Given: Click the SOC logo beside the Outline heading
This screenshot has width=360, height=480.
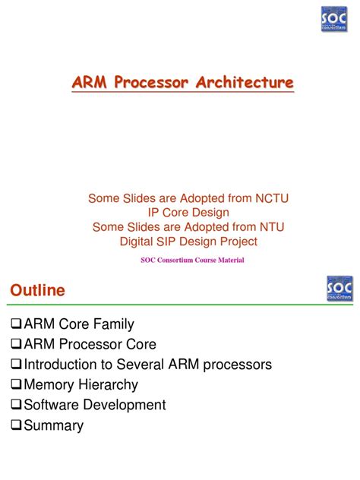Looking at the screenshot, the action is click(339, 289).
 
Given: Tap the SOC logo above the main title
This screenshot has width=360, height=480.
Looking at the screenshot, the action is click(334, 19).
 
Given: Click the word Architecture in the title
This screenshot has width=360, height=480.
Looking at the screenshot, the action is click(245, 82).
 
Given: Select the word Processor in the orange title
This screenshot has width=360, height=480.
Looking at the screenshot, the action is click(151, 82).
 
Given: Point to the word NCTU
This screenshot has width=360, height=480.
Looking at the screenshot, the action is click(272, 198).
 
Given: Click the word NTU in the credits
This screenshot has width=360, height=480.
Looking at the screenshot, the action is click(272, 227).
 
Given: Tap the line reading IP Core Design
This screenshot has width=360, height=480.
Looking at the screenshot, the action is click(188, 213).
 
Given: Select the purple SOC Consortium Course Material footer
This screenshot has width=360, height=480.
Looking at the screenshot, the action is click(193, 261).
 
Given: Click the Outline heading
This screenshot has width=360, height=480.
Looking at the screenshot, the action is click(37, 290).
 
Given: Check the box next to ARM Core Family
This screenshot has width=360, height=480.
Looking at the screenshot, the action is click(16, 324).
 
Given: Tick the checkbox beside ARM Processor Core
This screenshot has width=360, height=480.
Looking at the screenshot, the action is click(16, 344).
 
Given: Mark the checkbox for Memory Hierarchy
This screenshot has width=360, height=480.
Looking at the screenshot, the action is click(16, 384).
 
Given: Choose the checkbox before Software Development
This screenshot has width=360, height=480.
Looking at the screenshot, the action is click(16, 404).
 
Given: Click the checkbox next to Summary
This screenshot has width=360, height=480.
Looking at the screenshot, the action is click(16, 425).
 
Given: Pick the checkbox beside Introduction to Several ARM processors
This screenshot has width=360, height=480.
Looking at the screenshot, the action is click(16, 364).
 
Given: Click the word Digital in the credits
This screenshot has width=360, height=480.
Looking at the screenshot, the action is click(137, 242).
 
